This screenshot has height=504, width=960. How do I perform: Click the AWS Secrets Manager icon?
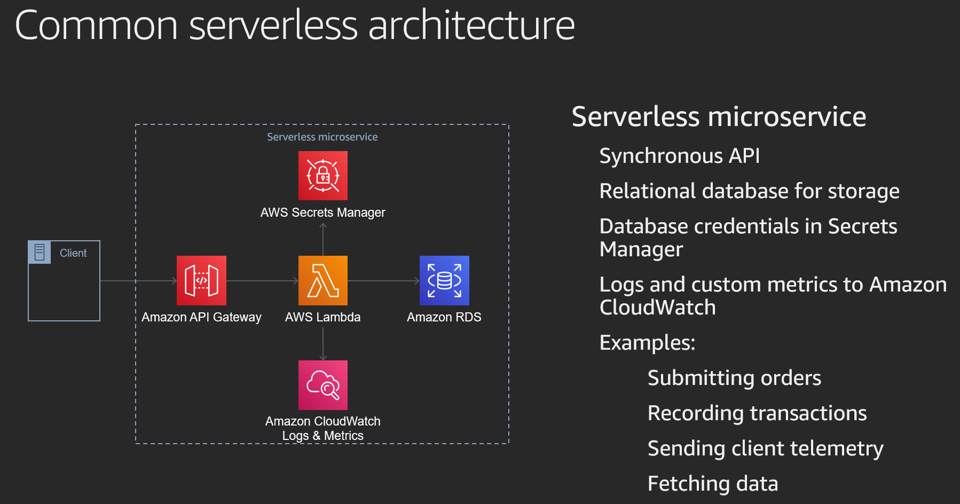tap(323, 176)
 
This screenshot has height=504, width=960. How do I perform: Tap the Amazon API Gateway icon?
tap(201, 280)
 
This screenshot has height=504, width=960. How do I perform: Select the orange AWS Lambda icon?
tap(323, 280)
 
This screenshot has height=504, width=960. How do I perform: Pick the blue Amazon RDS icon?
tap(444, 280)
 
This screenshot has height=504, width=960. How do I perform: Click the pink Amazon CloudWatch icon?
tap(323, 385)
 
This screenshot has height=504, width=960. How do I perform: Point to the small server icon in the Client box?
tap(40, 253)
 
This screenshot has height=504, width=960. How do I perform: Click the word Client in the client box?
tap(73, 253)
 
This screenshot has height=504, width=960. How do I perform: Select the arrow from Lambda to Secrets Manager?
tap(323, 239)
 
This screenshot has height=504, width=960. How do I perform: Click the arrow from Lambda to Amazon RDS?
tap(383, 281)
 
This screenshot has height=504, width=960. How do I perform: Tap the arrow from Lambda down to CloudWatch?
tap(323, 344)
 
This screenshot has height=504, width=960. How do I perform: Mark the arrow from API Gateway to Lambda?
tap(262, 281)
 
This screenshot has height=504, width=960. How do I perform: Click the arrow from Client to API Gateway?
tap(138, 281)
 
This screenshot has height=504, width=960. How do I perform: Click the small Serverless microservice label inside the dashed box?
tap(322, 137)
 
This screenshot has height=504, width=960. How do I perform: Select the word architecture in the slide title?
tap(471, 26)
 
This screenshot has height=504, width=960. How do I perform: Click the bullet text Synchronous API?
tap(679, 156)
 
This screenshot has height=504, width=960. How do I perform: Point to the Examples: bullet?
tap(647, 343)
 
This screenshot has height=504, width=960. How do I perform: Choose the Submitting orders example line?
tap(734, 378)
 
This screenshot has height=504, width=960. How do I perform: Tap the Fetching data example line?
tap(713, 484)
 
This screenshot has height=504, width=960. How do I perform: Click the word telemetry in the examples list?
tap(837, 449)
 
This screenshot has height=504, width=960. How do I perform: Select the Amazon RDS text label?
tap(444, 317)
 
